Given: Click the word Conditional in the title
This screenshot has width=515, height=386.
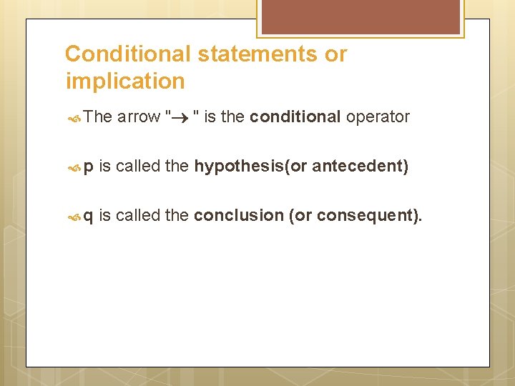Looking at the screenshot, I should (x=127, y=54).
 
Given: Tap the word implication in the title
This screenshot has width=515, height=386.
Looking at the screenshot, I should (x=124, y=81).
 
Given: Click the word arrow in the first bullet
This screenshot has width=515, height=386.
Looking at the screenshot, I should (x=139, y=117).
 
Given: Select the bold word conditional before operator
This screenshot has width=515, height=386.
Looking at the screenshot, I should (x=295, y=117).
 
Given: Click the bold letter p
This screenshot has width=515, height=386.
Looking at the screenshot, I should (x=89, y=167).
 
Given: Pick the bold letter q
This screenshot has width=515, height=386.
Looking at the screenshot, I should (x=89, y=216).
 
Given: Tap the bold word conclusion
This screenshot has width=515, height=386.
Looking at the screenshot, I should (x=239, y=215).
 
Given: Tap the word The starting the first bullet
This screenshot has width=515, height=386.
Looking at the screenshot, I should (x=98, y=117).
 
